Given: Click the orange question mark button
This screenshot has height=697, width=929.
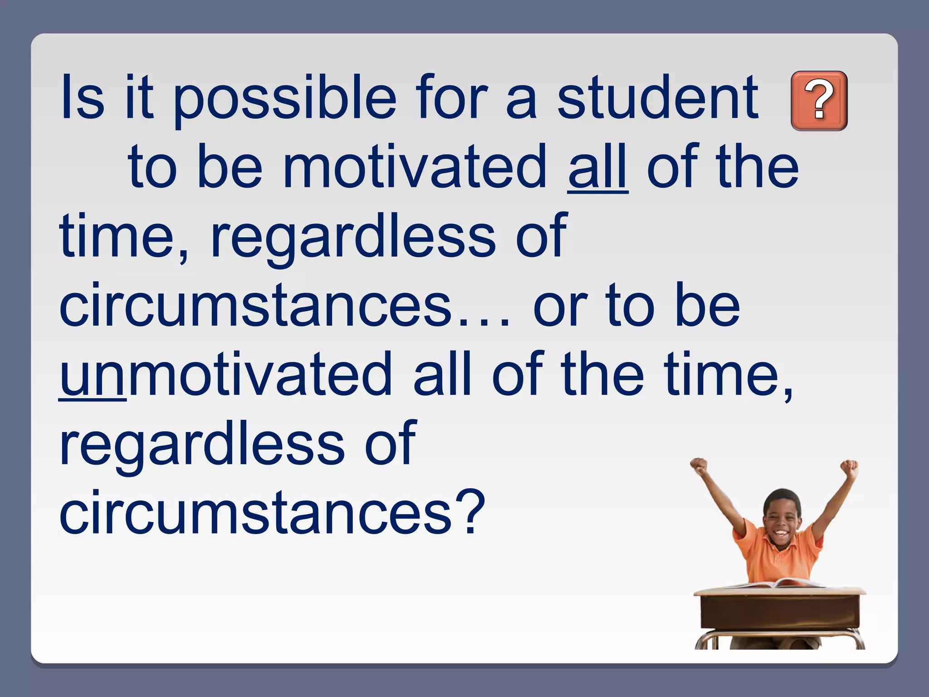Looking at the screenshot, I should click(819, 101).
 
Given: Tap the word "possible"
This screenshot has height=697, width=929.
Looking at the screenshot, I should click(284, 99).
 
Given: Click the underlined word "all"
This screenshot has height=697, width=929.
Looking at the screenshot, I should click(598, 167).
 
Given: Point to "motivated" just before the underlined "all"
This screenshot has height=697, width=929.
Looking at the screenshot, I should click(415, 167).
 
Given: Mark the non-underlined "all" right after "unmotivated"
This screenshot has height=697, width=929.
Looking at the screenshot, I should click(442, 374).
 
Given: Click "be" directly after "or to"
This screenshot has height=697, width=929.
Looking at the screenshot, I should click(708, 305).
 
